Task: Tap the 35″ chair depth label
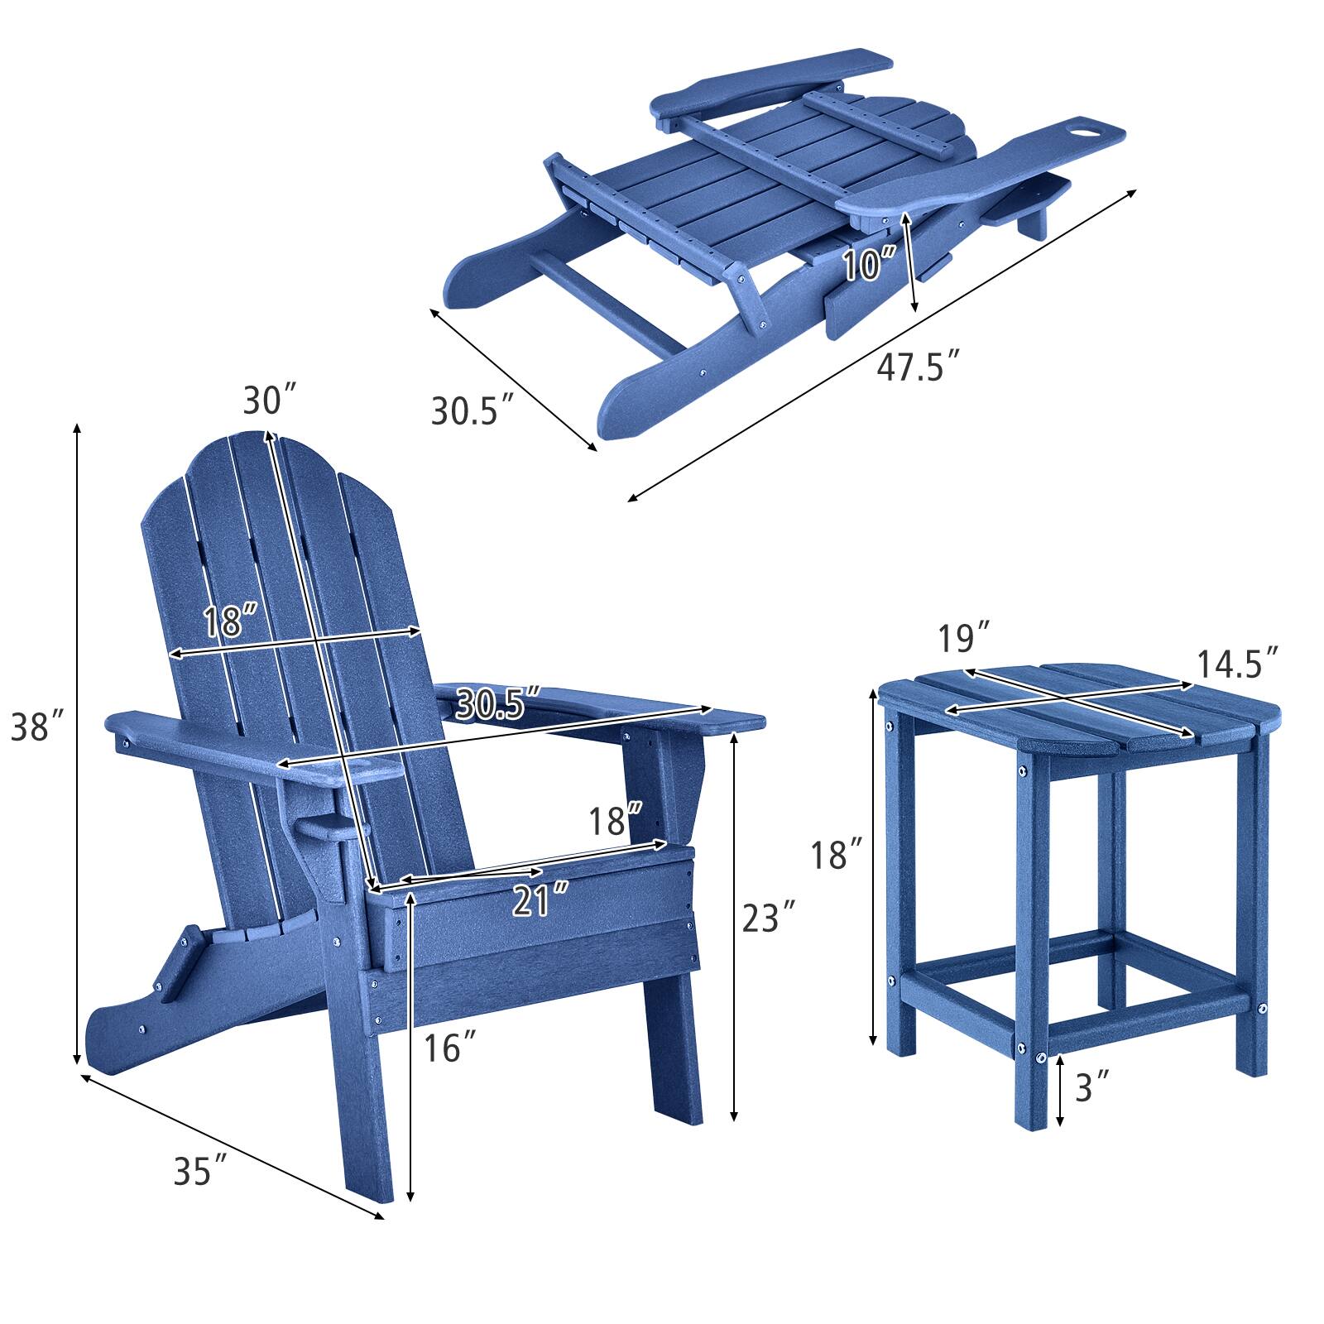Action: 200,1170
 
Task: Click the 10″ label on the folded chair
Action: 871,265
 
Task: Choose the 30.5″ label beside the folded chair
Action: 473,410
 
